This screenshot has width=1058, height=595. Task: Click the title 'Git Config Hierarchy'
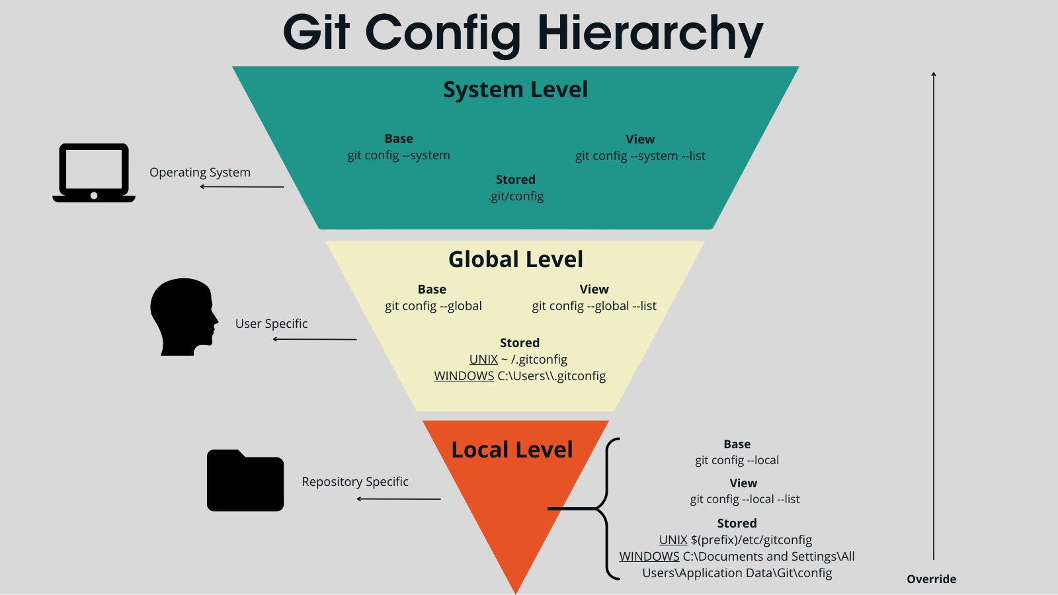pyautogui.click(x=522, y=33)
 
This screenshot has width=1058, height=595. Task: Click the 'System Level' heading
pyautogui.click(x=515, y=89)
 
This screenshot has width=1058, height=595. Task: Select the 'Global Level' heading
pyautogui.click(x=515, y=259)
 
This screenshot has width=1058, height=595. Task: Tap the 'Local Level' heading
pyautogui.click(x=512, y=450)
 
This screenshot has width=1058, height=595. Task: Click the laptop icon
pyautogui.click(x=94, y=173)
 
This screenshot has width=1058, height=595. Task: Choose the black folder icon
pyautogui.click(x=245, y=481)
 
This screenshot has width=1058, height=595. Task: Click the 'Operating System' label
pyautogui.click(x=200, y=173)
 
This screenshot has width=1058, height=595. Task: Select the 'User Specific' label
pyautogui.click(x=271, y=324)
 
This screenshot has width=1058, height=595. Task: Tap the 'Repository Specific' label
pyautogui.click(x=354, y=482)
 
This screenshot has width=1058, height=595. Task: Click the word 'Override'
pyautogui.click(x=931, y=579)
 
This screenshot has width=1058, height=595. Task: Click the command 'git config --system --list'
pyautogui.click(x=640, y=156)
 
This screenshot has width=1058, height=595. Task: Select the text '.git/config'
pyautogui.click(x=516, y=196)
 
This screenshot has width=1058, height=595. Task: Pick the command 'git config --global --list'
pyautogui.click(x=594, y=306)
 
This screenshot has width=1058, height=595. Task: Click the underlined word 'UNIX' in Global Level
pyautogui.click(x=483, y=360)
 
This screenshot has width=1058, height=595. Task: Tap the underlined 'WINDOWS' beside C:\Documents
pyautogui.click(x=649, y=557)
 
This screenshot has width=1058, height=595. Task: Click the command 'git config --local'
pyautogui.click(x=737, y=460)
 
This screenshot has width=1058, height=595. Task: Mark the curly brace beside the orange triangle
pyautogui.click(x=607, y=508)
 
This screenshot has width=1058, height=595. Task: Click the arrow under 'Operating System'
pyautogui.click(x=242, y=186)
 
